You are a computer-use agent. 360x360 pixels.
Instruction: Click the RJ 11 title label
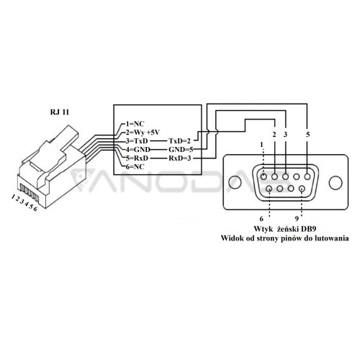60,112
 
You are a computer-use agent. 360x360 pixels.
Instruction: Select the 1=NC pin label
135,124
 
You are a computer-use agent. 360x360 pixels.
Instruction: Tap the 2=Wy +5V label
143,132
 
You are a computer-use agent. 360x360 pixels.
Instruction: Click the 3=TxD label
137,140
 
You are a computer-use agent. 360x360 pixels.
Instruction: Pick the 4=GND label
138,150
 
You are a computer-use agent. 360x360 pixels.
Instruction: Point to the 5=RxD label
137,158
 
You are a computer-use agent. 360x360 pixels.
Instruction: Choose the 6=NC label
135,166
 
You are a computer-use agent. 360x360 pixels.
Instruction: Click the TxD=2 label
179,141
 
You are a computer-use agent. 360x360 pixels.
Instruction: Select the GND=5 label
181,150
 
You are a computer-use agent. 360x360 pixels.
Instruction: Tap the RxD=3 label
180,158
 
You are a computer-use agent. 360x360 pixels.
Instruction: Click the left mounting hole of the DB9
235,182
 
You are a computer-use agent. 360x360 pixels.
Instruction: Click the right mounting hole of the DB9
336,182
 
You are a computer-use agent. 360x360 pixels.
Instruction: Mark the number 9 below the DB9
297,219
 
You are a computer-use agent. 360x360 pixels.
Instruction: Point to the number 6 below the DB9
261,219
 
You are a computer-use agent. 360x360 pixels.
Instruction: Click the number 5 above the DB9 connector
308,135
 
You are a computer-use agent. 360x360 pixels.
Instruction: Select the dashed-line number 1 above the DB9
261,145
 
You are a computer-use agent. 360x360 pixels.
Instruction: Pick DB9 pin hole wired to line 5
307,177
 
